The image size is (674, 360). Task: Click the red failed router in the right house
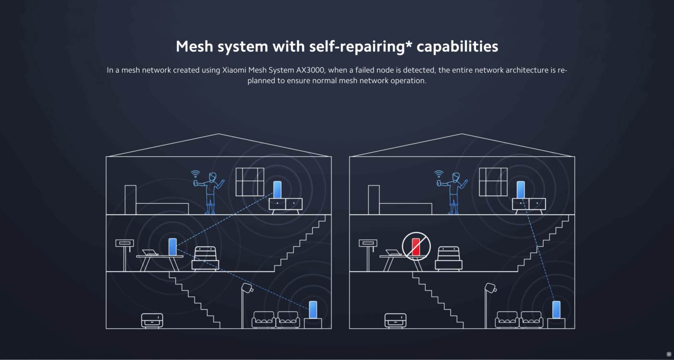tap(415, 246)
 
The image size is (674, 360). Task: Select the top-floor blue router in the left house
tap(277, 190)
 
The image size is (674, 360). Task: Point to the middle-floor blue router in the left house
tap(172, 246)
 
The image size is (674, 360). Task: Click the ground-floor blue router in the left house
tap(313, 309)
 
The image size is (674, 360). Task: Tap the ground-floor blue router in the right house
tap(557, 309)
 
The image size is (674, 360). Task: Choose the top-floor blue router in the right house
tap(520, 190)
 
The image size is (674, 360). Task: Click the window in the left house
tap(250, 181)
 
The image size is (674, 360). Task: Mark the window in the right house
tap(493, 181)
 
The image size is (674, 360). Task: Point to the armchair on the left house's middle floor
tap(206, 258)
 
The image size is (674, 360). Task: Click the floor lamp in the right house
tap(489, 303)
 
